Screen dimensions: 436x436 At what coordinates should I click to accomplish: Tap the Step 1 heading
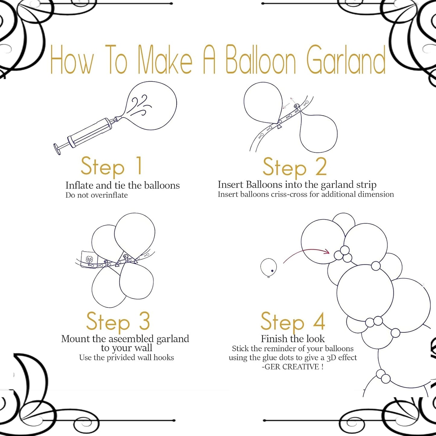point(111,167)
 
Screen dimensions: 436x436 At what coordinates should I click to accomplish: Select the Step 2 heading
point(294,167)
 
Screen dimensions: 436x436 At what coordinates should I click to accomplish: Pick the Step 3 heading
point(118,322)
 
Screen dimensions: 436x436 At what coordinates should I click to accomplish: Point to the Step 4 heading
point(293,322)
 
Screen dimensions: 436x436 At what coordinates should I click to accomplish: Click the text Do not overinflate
point(97,195)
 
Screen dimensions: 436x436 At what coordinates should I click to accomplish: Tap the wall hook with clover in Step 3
point(90,259)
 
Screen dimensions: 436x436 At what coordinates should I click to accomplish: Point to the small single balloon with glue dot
point(268,267)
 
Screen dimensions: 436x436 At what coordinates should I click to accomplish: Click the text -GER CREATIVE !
point(292,367)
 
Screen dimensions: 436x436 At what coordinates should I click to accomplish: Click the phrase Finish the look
point(293,339)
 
